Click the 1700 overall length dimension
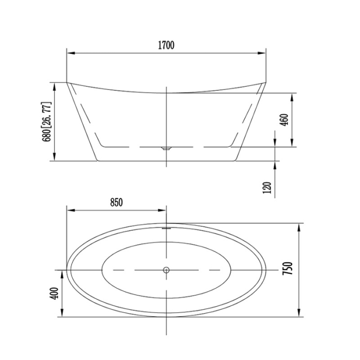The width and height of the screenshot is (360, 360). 166,45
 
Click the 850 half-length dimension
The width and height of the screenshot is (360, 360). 116,203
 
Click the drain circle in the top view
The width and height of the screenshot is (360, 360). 166,269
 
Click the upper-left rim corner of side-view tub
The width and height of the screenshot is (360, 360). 67,82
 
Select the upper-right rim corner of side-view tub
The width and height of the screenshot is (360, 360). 266,82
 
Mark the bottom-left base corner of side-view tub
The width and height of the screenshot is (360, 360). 96,160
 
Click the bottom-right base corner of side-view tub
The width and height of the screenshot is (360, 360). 237,160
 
